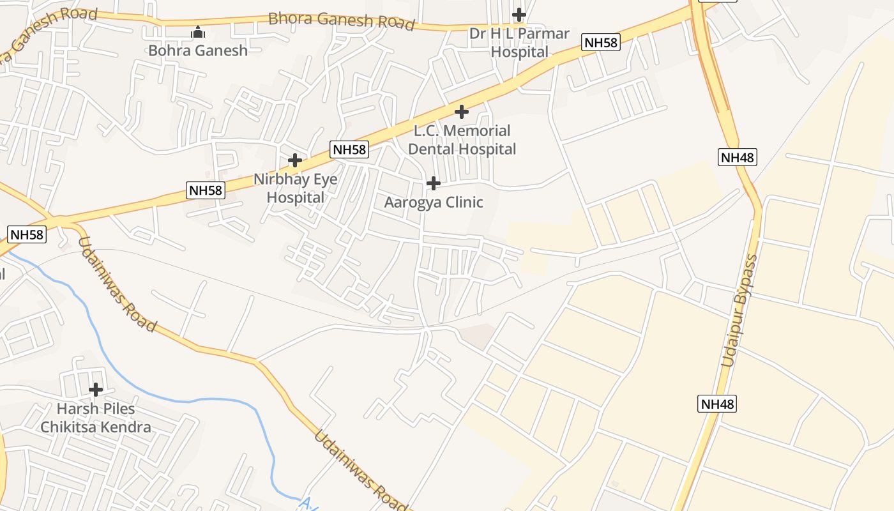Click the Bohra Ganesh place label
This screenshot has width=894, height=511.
tap(198, 50)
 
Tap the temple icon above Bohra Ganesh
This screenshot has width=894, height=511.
tap(198, 32)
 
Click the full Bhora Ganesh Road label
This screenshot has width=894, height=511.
tap(341, 20)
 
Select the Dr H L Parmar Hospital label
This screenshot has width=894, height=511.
tap(519, 43)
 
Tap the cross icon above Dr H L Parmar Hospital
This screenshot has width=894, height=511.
tap(519, 14)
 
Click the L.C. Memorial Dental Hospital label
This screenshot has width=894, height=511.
tap(462, 140)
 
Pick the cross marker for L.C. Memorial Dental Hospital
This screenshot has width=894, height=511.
tap(461, 112)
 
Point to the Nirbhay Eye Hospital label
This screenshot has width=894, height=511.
tap(295, 188)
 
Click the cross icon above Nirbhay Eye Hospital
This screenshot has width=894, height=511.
tap(294, 160)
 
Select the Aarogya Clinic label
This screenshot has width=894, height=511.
tap(434, 202)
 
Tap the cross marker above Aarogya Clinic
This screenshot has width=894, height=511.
tap(433, 184)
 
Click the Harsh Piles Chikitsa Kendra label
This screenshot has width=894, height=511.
tap(96, 418)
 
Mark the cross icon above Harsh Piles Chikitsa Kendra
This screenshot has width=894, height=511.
tap(96, 390)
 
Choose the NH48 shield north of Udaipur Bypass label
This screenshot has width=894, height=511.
tap(737, 157)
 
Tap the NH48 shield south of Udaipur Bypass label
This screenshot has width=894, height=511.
tap(718, 404)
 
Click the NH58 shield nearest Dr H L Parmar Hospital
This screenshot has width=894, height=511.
tap(601, 43)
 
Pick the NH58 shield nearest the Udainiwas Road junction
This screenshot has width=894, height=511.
tap(27, 234)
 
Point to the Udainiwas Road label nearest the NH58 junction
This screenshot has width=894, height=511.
tap(117, 284)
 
